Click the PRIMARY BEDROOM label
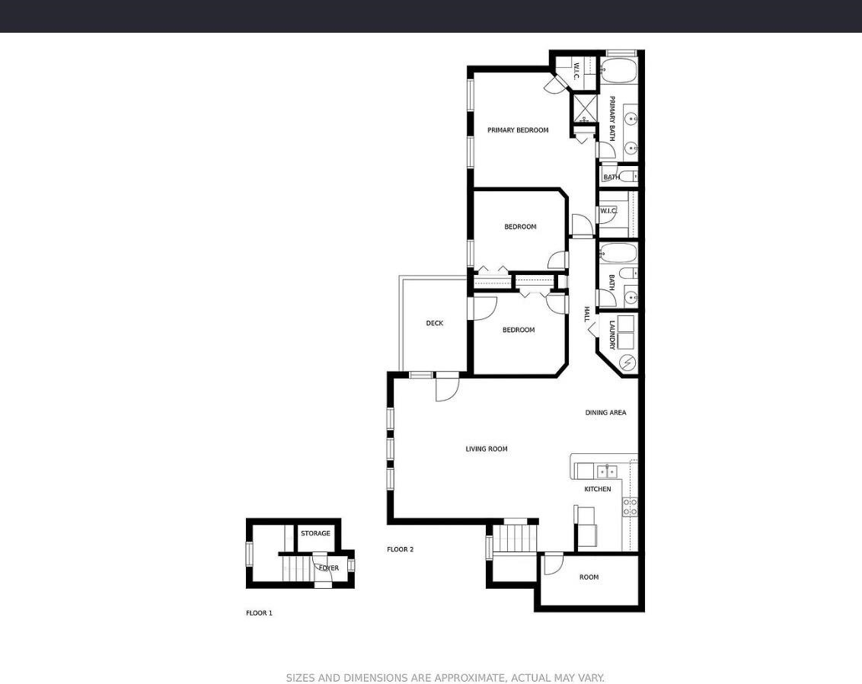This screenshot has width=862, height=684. (x=518, y=130)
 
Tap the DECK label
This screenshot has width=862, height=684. (x=434, y=323)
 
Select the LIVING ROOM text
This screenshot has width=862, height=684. (x=487, y=449)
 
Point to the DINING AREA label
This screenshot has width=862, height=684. (x=605, y=413)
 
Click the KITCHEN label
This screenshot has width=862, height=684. (x=598, y=489)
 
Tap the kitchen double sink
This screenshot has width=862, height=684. (x=607, y=471)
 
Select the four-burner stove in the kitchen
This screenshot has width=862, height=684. (x=630, y=507)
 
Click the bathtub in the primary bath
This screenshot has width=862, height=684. (x=618, y=71)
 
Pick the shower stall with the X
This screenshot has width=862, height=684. (x=585, y=108)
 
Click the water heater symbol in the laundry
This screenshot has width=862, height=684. (x=627, y=363)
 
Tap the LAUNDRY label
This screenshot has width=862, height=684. (x=612, y=335)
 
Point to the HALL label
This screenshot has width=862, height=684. (x=586, y=315)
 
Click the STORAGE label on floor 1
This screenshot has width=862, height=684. (x=315, y=533)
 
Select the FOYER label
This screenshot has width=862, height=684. (x=329, y=568)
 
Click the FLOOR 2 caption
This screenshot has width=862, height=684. (x=401, y=549)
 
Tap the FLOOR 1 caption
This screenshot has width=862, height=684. (x=259, y=613)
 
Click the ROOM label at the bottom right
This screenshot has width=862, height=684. (x=589, y=577)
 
